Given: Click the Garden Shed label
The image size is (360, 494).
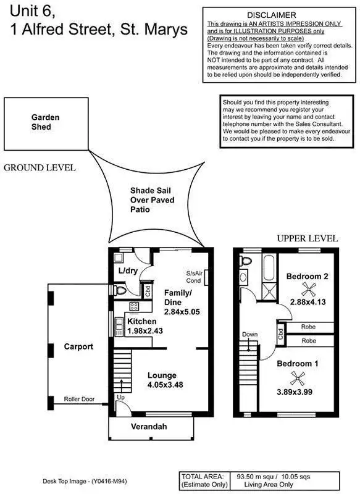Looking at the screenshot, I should (x=42, y=122).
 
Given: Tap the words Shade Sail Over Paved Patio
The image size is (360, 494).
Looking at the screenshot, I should (x=152, y=201).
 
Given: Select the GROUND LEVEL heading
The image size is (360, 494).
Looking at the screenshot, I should (x=40, y=167).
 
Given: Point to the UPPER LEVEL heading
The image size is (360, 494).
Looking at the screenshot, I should (x=307, y=238).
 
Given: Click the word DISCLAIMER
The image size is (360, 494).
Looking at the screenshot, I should (x=271, y=15).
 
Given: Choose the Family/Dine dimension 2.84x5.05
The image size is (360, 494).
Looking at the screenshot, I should (x=182, y=312).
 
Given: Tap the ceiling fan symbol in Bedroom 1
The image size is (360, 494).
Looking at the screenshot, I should (x=298, y=379).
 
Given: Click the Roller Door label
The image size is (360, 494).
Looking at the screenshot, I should (x=79, y=400).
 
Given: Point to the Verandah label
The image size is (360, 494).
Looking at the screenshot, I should (x=148, y=426).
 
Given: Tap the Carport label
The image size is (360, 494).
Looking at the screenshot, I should (x=78, y=346).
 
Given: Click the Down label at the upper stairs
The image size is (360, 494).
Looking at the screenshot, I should (x=249, y=335).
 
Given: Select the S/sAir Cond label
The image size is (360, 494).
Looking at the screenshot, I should (x=195, y=276).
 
